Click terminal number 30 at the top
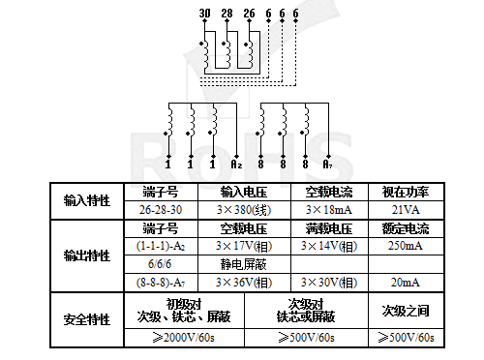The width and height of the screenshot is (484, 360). pyautogui.click(x=203, y=12)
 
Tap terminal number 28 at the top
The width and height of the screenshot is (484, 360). pyautogui.click(x=227, y=12)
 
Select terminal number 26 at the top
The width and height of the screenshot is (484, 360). pyautogui.click(x=250, y=12)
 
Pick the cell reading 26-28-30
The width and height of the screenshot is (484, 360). pyautogui.click(x=161, y=209)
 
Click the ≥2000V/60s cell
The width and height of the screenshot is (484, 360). pyautogui.click(x=184, y=338)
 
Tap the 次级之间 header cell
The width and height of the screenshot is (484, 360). pyautogui.click(x=405, y=311)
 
